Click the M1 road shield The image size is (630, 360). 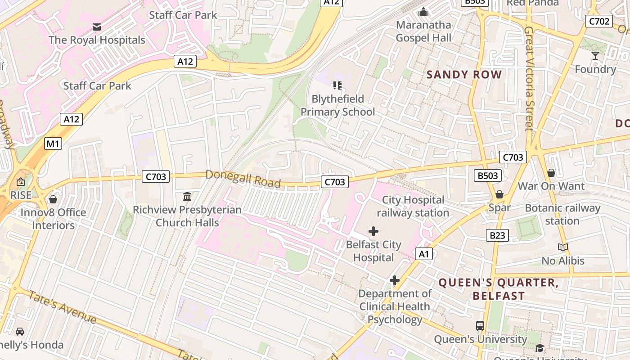[53, 144]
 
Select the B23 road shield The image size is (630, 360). [497, 235]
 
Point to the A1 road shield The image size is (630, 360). [424, 254]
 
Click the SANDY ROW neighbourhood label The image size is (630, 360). [464, 75]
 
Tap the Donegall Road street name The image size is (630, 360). [243, 179]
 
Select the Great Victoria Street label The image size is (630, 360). [529, 78]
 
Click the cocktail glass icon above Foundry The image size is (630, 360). [595, 56]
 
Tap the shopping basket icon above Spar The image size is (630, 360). [499, 194]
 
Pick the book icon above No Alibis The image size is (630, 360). [562, 247]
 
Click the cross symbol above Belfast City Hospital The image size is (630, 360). [373, 231]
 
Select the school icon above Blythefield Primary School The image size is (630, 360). [337, 85]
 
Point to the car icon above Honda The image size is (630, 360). [20, 332]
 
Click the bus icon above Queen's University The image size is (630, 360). [480, 325]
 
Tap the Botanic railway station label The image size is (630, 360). [562, 215]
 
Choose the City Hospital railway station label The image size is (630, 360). [413, 206]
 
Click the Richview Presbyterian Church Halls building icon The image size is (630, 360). [187, 197]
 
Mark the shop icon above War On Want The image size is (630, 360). [551, 173]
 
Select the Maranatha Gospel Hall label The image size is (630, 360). [423, 31]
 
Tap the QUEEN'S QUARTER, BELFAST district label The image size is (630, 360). [498, 289]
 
